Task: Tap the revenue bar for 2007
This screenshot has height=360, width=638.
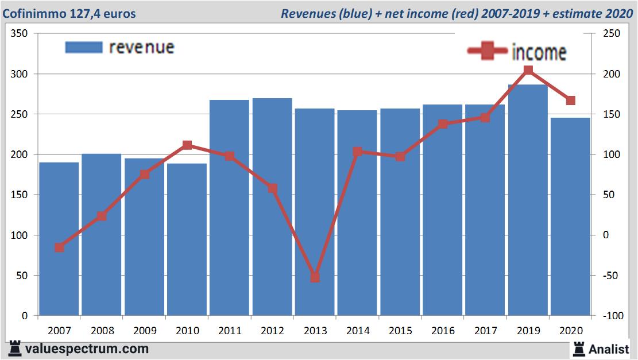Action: tap(59, 239)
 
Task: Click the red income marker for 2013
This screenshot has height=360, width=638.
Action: tap(315, 277)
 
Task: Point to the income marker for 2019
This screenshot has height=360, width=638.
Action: tap(528, 71)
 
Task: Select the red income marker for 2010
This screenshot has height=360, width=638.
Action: tap(187, 145)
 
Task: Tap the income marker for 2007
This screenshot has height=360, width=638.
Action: tap(59, 247)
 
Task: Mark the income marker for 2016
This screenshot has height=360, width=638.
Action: tap(443, 124)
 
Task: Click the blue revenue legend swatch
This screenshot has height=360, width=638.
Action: tap(84, 48)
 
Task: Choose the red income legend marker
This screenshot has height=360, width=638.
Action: tap(488, 52)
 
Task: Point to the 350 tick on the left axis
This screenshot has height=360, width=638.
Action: tap(20, 34)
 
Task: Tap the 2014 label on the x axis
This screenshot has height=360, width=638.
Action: tap(357, 331)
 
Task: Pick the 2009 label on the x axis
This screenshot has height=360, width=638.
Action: tap(145, 331)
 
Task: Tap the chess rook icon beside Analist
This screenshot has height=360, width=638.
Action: tap(578, 348)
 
